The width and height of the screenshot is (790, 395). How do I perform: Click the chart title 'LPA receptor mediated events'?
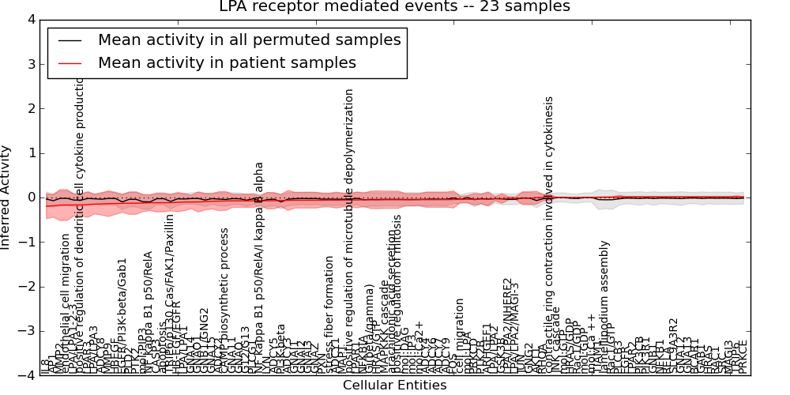coord(394,7)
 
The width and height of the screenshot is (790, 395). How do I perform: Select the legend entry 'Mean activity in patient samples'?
coord(227,62)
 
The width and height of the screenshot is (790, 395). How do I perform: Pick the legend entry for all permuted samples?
coord(249,39)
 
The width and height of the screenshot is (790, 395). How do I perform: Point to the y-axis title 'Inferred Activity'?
coord(6,197)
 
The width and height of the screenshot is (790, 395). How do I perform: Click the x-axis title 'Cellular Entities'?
coord(394,386)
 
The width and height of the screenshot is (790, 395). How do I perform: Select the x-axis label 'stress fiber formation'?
coord(329,314)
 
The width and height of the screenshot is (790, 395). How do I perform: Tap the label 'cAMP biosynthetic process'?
coord(224,302)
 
